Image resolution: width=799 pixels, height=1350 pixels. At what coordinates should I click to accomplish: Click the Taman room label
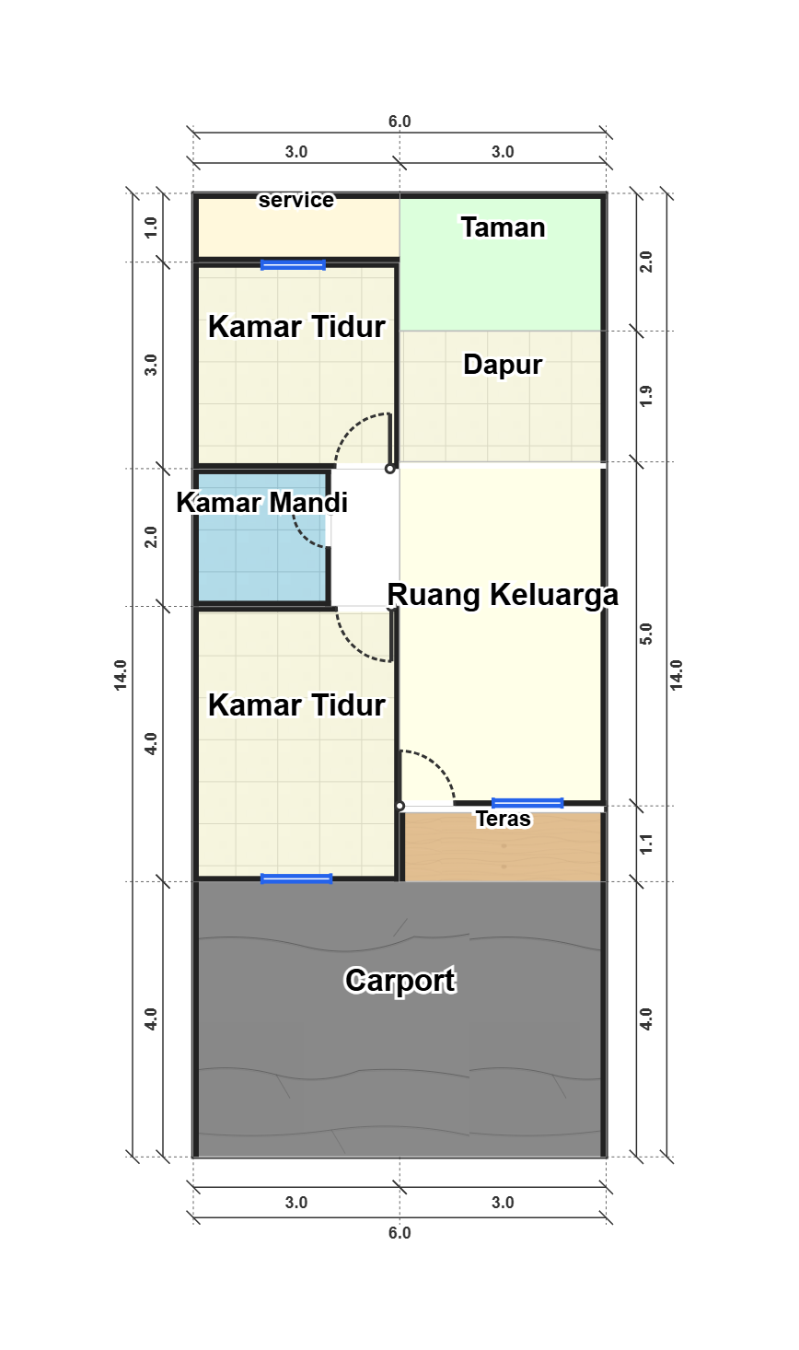tap(504, 227)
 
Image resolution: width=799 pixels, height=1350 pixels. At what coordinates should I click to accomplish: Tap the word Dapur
tap(503, 364)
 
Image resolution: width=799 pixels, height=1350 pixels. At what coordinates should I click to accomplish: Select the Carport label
tap(399, 981)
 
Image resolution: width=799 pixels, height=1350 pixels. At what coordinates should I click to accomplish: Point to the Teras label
tap(504, 819)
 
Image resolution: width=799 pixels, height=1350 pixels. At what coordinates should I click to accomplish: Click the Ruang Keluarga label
tap(503, 595)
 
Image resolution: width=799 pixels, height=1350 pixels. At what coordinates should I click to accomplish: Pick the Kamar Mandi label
tap(261, 502)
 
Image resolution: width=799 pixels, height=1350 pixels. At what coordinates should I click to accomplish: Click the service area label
tap(295, 200)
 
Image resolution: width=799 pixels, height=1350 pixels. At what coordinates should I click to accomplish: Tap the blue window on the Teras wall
tap(527, 803)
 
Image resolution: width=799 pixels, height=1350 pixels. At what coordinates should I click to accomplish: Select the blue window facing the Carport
tap(295, 879)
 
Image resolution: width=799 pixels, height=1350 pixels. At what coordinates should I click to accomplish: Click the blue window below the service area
tap(293, 264)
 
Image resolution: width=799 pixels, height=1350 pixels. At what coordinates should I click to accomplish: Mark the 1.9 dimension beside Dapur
tap(646, 396)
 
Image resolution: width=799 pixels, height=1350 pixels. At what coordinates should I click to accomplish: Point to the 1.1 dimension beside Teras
tap(646, 844)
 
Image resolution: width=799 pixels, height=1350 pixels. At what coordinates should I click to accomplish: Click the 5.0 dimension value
tap(646, 634)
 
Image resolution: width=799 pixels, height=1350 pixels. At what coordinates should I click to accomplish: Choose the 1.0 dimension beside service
tap(151, 227)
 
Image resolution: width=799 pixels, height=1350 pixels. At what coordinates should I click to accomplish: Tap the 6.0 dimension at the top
tap(399, 122)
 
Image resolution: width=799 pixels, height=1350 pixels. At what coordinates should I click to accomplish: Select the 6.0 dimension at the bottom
tap(399, 1233)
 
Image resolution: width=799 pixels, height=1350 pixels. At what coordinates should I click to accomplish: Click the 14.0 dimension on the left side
tap(121, 675)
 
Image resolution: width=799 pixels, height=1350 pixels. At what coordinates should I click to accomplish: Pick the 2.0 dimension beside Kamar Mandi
tap(151, 537)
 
